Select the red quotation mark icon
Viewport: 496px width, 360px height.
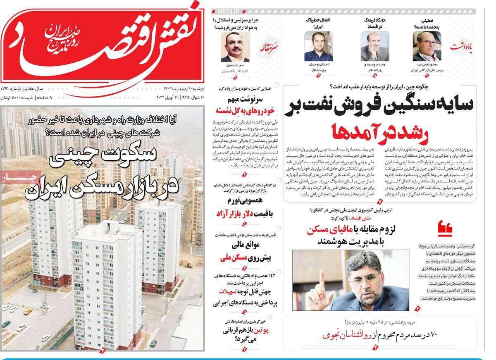click(444, 229)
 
